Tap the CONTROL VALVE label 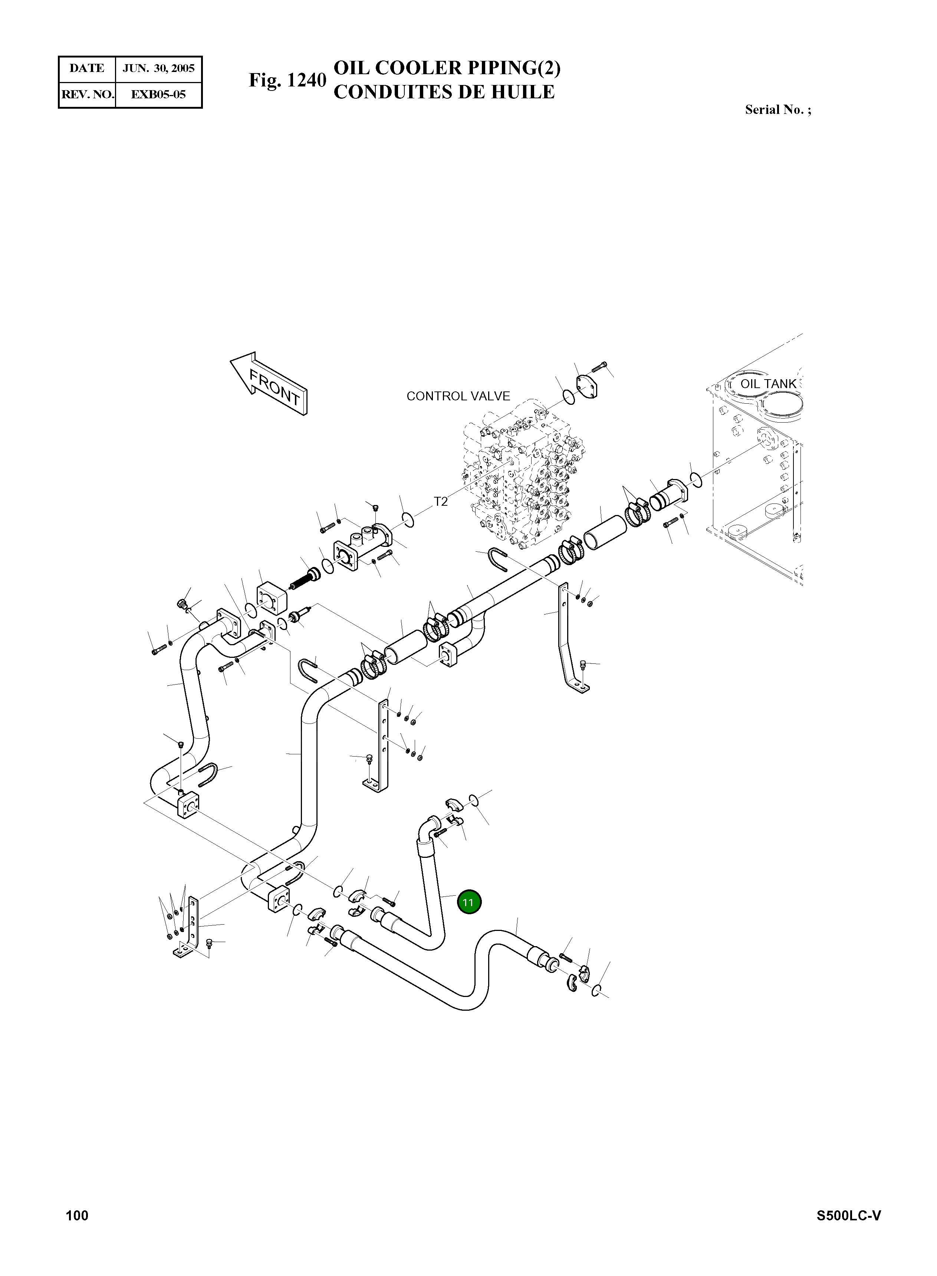click(458, 396)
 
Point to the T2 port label click(441, 502)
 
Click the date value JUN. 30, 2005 click(159, 69)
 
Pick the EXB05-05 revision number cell click(158, 94)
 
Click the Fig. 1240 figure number click(287, 80)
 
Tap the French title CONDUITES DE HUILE click(444, 92)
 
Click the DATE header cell click(87, 69)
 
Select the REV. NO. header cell click(87, 94)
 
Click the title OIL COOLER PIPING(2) click(447, 68)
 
